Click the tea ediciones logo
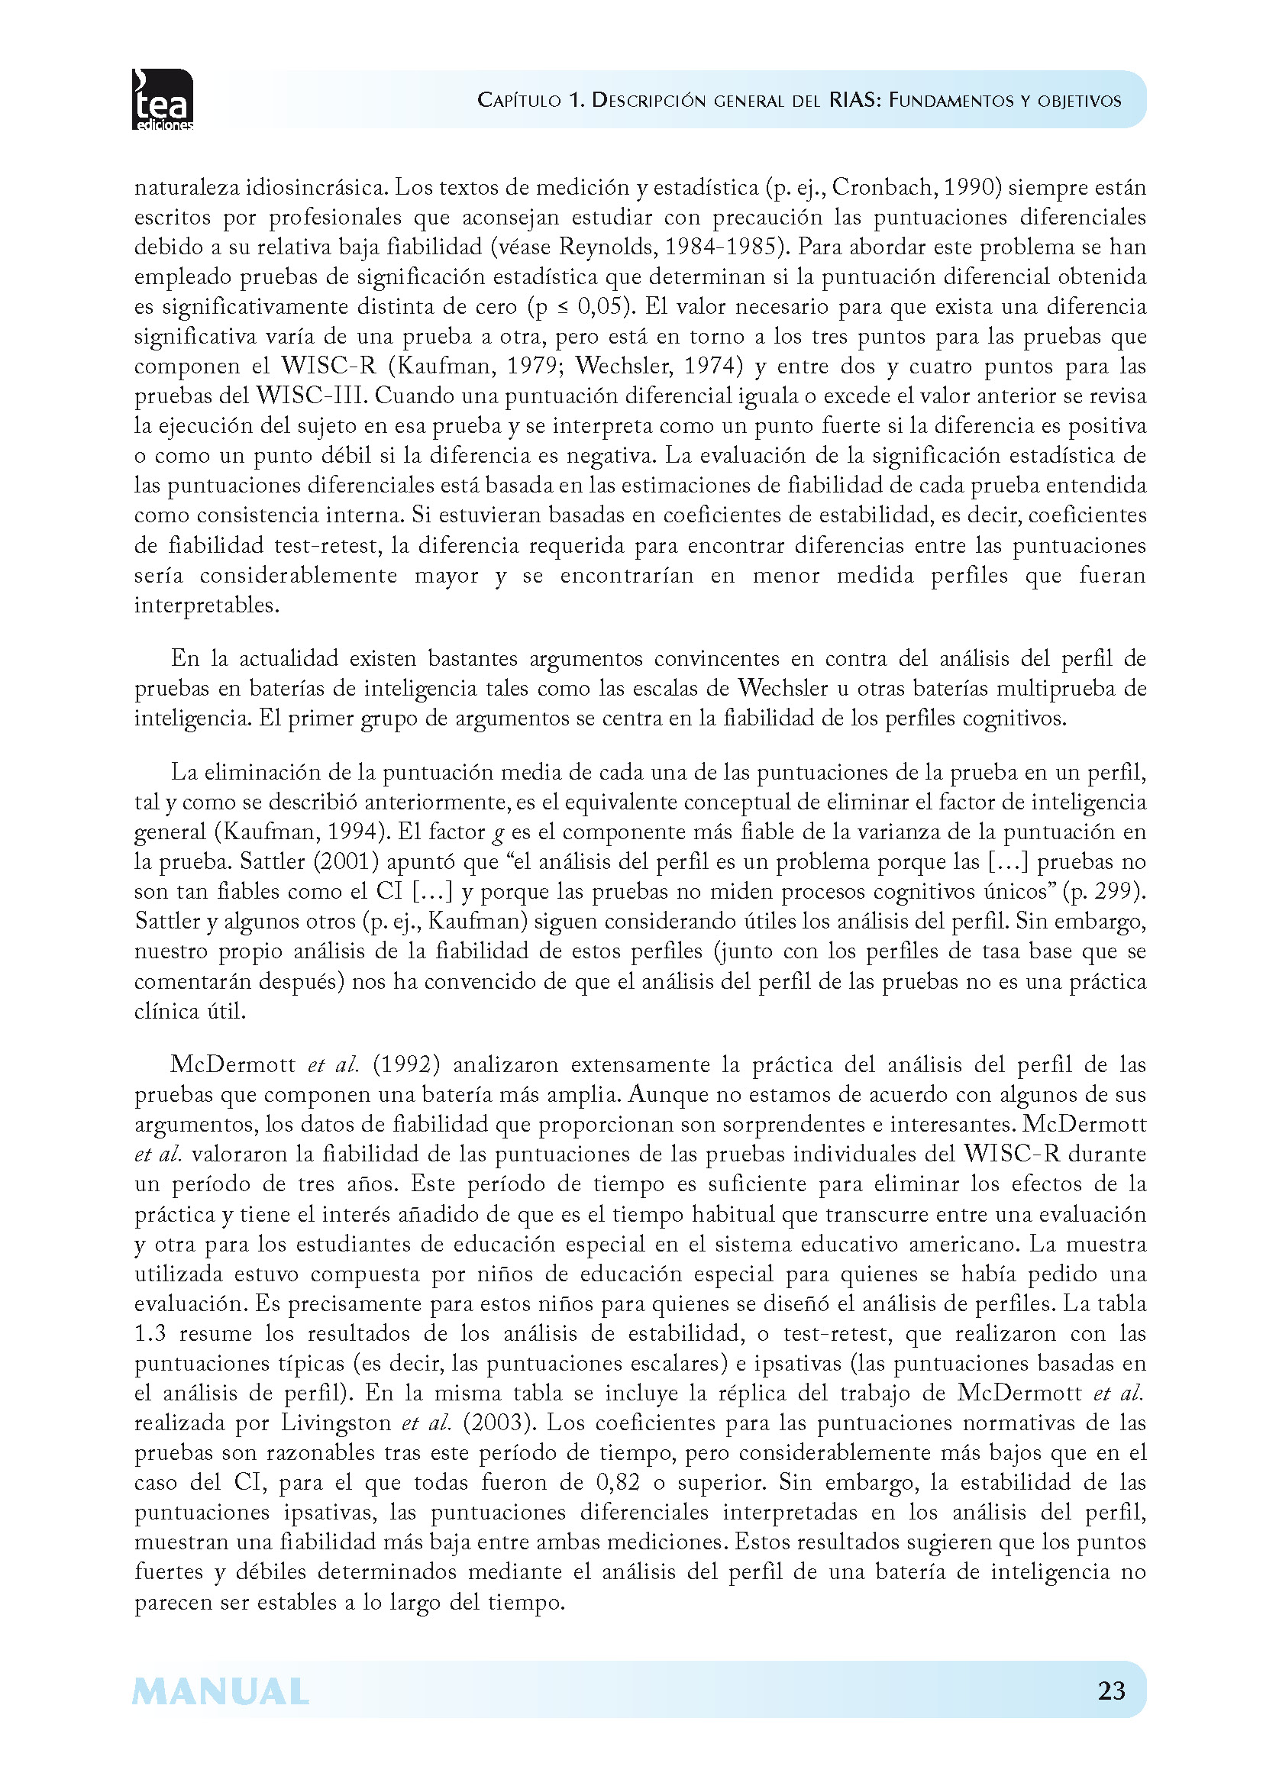tap(163, 99)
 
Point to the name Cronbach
tap(881, 188)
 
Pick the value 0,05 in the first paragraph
tap(604, 306)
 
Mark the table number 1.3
tap(150, 1333)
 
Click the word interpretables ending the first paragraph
tap(206, 606)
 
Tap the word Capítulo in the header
tap(518, 100)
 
